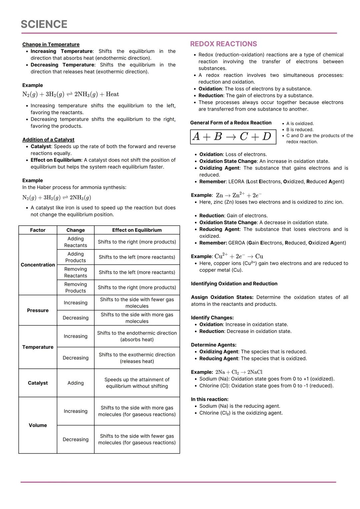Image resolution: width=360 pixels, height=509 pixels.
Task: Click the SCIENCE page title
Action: tap(44, 24)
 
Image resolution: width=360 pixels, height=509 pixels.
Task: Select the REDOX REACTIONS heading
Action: tap(223, 44)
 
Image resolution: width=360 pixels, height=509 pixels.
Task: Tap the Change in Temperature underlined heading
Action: tap(51, 44)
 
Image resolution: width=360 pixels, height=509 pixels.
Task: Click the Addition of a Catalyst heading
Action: tap(48, 140)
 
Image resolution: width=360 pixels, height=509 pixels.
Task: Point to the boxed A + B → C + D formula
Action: tap(233, 137)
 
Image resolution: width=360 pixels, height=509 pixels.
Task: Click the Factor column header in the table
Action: tap(38, 230)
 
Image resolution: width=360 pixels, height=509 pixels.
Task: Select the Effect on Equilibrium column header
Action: tap(137, 230)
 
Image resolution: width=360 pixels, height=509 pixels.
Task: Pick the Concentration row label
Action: tap(38, 265)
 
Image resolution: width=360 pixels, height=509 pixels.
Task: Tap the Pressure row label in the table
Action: tap(38, 310)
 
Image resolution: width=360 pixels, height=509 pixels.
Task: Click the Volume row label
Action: tap(38, 425)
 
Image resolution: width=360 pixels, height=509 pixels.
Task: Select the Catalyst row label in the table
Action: tap(38, 383)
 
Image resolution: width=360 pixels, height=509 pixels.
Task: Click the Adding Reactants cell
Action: tap(75, 242)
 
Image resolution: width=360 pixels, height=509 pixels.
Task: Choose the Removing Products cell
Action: tap(75, 287)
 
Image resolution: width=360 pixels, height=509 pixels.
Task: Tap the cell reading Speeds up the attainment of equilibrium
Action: tap(137, 383)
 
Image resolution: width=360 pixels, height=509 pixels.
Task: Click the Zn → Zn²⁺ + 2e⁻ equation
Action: tap(239, 195)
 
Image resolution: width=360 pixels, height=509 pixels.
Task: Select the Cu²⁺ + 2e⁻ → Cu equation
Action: tap(239, 256)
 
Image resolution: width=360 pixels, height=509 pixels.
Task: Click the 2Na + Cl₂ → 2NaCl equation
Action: tap(239, 372)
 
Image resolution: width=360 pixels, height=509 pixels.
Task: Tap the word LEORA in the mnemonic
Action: tap(236, 182)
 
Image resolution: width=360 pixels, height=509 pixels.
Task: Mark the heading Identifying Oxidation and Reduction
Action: tap(234, 284)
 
